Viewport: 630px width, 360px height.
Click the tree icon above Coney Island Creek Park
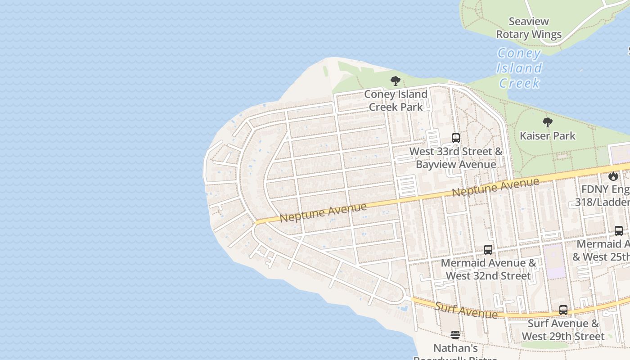396,81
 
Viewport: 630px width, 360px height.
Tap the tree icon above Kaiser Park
547,122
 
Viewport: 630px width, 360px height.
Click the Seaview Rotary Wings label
529,28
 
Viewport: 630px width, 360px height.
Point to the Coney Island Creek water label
519,68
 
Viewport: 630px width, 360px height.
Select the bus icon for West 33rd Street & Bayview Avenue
455,138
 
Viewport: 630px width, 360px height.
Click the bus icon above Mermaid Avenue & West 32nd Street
488,249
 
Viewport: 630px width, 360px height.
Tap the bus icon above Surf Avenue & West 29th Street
563,310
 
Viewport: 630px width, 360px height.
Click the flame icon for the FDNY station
613,176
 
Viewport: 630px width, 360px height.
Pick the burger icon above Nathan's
455,335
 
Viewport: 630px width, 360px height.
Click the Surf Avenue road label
466,310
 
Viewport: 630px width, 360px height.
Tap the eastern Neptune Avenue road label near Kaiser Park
495,187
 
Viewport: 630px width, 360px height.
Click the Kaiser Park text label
547,135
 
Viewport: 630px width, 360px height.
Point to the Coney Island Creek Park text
396,100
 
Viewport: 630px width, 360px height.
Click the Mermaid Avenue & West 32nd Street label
488,269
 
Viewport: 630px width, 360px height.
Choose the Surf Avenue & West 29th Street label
563,329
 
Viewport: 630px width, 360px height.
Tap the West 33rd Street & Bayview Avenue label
455,157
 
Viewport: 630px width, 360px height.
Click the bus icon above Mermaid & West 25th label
619,230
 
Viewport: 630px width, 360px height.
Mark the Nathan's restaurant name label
455,349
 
